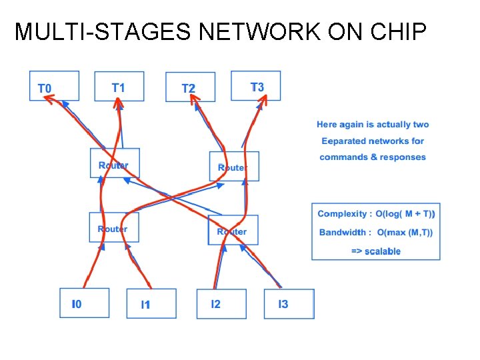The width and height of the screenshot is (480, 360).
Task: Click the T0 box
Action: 54,86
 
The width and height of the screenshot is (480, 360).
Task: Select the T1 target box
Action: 119,86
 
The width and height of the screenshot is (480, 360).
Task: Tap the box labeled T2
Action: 190,87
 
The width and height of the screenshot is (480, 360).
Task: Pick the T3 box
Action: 256,86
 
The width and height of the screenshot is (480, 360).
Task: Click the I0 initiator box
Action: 84,303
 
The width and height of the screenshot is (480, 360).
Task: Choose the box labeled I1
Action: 151,304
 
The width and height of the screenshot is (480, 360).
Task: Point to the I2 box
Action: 221,303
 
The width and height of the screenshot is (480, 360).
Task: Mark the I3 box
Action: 289,304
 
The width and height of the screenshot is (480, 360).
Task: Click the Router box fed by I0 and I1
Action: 114,227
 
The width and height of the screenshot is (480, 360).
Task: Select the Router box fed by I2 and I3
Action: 233,230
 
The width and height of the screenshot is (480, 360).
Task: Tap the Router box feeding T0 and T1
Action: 115,163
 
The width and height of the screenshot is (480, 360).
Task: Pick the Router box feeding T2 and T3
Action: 234,166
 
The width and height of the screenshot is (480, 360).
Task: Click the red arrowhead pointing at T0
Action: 49,99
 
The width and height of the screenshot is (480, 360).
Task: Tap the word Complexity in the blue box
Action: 342,213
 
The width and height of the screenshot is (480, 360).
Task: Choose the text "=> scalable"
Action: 376,251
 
